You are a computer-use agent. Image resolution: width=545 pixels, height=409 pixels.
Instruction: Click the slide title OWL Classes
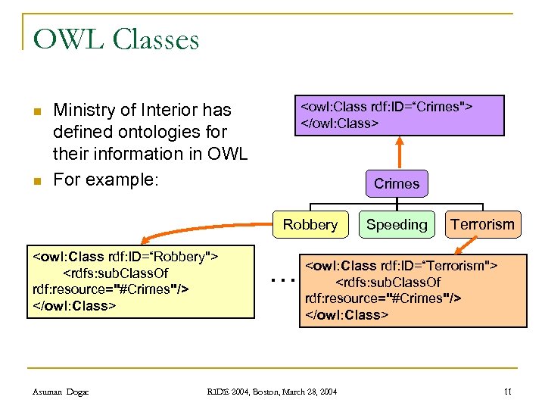(x=116, y=39)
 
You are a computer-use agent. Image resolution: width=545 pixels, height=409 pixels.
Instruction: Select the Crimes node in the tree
(x=396, y=183)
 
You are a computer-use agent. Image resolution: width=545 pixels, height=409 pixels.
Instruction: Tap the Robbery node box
(x=310, y=224)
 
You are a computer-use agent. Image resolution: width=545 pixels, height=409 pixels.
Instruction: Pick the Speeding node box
(x=397, y=224)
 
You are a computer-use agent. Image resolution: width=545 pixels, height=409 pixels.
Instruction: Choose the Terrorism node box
(x=482, y=224)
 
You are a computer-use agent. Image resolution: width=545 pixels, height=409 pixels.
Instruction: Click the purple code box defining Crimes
(x=399, y=115)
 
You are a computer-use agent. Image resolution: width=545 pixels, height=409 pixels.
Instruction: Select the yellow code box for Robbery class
(x=141, y=281)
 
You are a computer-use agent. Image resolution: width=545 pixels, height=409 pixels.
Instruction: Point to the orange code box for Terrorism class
(x=413, y=289)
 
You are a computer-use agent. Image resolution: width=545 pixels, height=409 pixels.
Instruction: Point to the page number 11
(x=507, y=391)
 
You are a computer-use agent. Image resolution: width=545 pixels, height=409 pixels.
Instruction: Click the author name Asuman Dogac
(x=61, y=391)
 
